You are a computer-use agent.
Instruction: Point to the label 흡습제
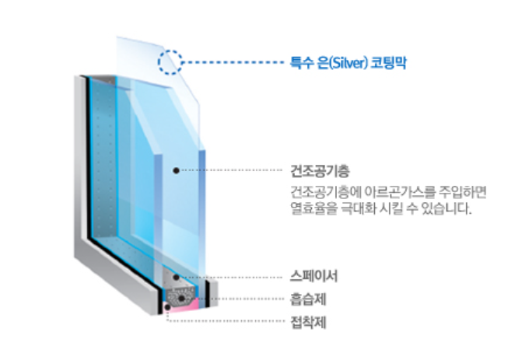(303, 298)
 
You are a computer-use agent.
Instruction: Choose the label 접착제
(303, 320)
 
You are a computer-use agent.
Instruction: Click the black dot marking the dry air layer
(177, 169)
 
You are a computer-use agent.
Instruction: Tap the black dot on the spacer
(177, 277)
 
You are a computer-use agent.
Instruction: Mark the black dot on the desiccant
(182, 297)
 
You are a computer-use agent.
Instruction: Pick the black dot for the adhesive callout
(168, 307)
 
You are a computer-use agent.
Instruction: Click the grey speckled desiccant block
(187, 294)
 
